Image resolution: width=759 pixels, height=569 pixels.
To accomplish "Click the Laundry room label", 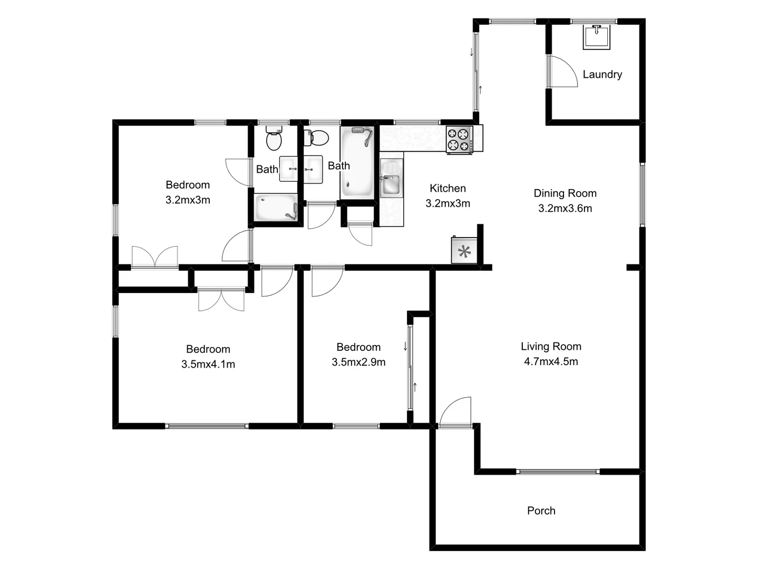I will [602, 74].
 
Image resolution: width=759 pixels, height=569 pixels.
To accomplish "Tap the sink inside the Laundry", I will [596, 37].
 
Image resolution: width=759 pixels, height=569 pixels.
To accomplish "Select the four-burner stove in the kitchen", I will [459, 139].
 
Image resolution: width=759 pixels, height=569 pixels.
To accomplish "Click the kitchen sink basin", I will [391, 184].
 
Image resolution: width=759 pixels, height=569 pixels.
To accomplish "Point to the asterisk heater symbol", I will [464, 251].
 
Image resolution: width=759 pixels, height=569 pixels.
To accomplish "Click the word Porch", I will [541, 511].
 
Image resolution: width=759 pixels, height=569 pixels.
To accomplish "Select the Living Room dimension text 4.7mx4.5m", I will [551, 361].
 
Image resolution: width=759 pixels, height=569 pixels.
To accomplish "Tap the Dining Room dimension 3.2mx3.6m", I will [565, 208].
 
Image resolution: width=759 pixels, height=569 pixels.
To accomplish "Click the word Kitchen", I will [447, 188].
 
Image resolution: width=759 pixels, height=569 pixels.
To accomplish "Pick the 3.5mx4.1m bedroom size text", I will [208, 364].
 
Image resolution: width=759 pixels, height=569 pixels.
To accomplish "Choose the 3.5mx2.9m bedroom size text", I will [358, 362].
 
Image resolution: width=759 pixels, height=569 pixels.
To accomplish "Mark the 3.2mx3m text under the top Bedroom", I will [188, 200].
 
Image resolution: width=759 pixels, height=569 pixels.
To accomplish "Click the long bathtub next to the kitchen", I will [357, 162].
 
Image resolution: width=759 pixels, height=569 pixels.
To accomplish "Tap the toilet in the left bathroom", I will [274, 139].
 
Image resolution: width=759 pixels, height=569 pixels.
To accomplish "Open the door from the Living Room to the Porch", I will [455, 412].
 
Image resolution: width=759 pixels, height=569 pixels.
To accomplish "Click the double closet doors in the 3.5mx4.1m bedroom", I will [221, 299].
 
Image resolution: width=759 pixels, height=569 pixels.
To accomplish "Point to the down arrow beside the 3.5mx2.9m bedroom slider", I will [405, 346].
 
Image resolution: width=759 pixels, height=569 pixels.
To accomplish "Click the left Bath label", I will [267, 169].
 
